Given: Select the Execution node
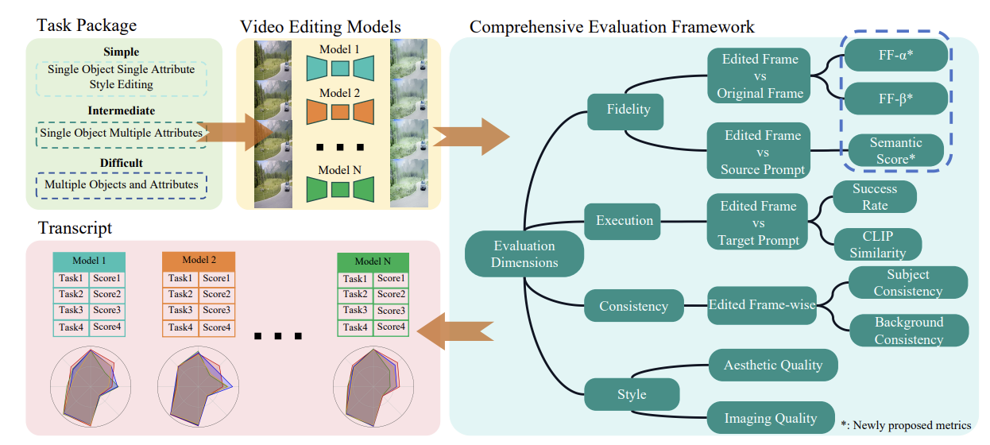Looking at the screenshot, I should tap(624, 221).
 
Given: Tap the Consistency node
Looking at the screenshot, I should tap(633, 306).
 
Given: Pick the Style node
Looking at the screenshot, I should tap(632, 394).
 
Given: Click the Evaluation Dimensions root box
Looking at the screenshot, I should tap(524, 255).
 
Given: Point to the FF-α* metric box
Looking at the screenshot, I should tap(897, 55).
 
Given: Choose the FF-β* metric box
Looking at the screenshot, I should tap(897, 99).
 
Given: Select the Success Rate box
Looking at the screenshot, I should tap(874, 197).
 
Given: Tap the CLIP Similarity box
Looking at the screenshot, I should tap(877, 245).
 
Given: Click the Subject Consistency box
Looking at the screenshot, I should tap(907, 283).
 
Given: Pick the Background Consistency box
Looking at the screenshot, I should tap(909, 331).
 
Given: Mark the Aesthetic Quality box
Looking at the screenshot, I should tap(772, 366).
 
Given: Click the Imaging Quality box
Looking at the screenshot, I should tap(770, 418).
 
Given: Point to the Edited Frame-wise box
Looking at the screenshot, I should tap(762, 305).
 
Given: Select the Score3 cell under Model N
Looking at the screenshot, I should tap(390, 311).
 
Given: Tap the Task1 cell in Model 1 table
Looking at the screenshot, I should tap(71, 278).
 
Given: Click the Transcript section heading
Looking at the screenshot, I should tap(75, 228).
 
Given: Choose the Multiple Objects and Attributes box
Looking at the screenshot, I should tap(122, 184).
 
